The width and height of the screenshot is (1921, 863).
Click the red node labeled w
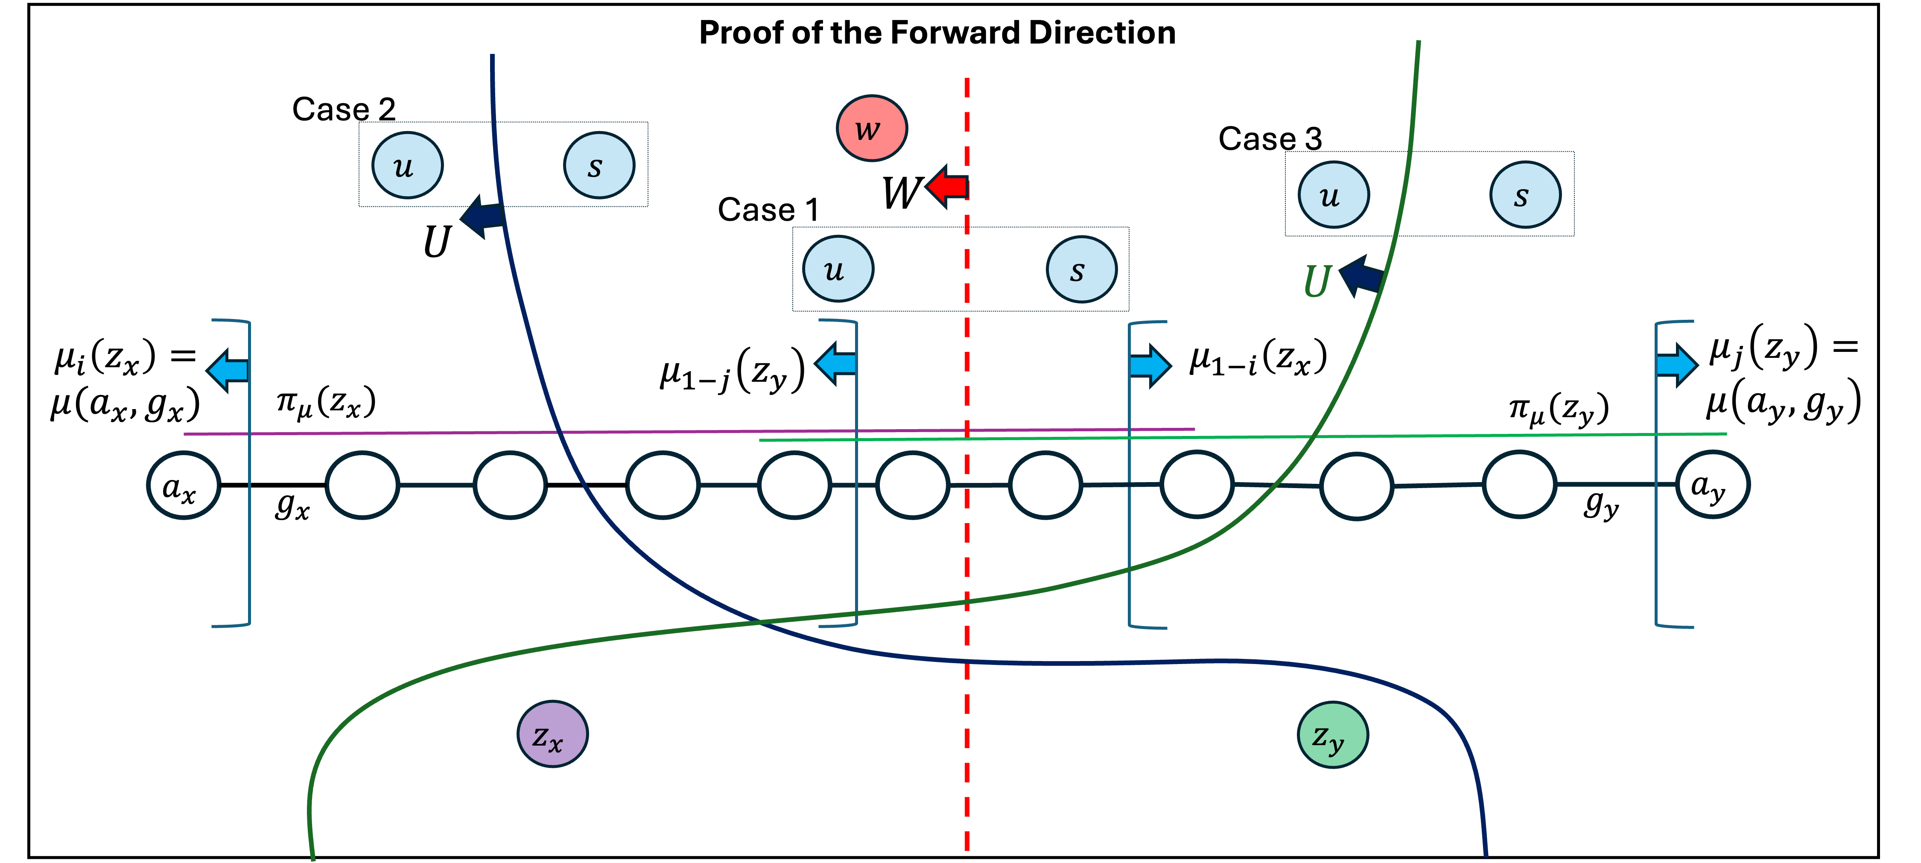[x=872, y=128]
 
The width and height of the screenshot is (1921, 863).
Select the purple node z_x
[x=552, y=734]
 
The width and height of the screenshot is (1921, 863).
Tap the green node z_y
[x=1333, y=735]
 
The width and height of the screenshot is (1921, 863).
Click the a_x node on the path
[x=184, y=485]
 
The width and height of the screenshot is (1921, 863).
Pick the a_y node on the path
[x=1712, y=484]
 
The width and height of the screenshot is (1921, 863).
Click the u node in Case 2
[x=407, y=165]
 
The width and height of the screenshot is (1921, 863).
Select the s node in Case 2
[x=599, y=165]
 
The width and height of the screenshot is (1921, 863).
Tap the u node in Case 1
[x=838, y=269]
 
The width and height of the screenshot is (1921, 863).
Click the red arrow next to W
[x=947, y=187]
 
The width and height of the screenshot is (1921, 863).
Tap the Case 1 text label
[x=768, y=210]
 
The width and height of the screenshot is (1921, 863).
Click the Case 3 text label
[x=1270, y=139]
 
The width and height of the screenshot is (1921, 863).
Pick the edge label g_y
[x=1601, y=505]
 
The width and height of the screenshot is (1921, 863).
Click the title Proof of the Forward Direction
[x=937, y=33]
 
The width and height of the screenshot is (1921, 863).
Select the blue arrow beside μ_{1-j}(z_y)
[x=835, y=364]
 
